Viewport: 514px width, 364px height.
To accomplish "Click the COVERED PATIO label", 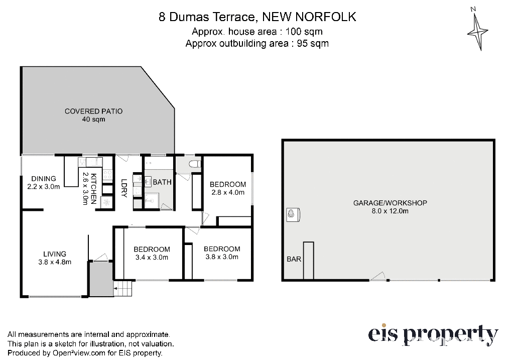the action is click(x=94, y=111).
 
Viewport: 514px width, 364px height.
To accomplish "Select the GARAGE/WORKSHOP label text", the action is click(x=390, y=203).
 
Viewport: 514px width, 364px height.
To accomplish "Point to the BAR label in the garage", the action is click(x=294, y=259).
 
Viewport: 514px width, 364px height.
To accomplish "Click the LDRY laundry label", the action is click(x=124, y=188).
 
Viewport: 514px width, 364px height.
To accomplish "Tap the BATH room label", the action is click(x=162, y=182).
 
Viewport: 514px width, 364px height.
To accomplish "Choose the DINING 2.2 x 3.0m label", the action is click(x=44, y=183).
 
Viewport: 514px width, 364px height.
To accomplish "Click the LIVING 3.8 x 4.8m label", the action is click(x=55, y=258).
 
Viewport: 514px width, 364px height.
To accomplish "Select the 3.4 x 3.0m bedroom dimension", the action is click(x=152, y=258).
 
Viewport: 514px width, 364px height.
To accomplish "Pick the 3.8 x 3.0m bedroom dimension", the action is click(x=222, y=257).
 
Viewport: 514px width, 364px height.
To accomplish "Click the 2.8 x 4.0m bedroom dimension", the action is click(x=228, y=192).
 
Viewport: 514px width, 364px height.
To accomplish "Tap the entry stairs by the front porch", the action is click(x=123, y=289).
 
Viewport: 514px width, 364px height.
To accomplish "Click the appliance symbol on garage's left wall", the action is click(x=293, y=215).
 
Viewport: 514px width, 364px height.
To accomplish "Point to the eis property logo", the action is click(x=433, y=335).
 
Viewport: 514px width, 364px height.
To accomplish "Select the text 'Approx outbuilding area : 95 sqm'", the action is click(x=257, y=43).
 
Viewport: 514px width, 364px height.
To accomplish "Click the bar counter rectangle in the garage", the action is click(x=309, y=261).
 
